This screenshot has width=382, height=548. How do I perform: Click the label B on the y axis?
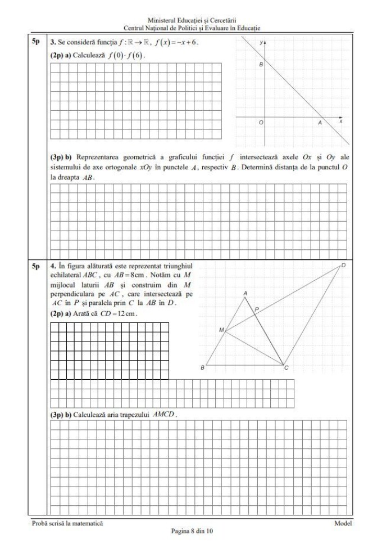[261, 65]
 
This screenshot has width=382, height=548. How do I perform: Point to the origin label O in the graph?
[261, 123]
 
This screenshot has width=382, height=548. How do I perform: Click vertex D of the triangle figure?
[343, 264]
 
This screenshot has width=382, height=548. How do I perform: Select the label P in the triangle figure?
[257, 309]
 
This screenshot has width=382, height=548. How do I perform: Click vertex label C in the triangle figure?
[286, 369]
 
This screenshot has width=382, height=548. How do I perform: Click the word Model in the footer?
[343, 523]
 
